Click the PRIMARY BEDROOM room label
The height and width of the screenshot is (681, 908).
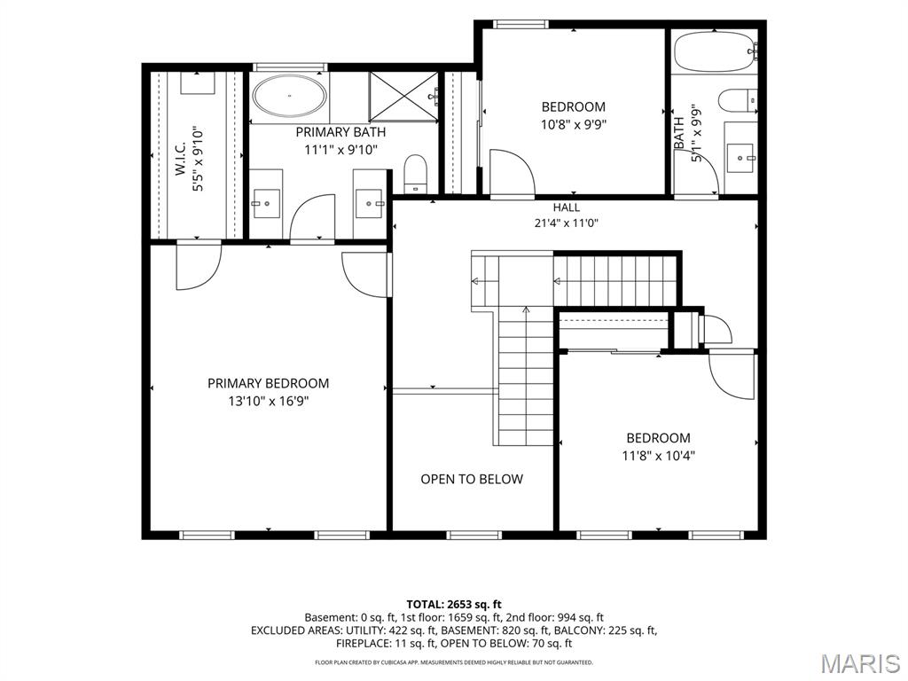coord(268,383)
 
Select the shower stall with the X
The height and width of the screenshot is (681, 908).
coord(403,97)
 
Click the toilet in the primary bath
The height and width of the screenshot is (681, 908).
coord(415,173)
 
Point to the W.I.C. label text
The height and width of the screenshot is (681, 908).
coord(180,159)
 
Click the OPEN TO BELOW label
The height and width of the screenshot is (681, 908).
coord(472,479)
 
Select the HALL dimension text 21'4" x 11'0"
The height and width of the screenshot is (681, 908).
coord(566,223)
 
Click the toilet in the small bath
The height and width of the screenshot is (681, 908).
coord(738,100)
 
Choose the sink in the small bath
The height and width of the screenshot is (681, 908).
coord(741,158)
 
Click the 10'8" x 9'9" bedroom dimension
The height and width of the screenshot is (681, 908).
coord(574,124)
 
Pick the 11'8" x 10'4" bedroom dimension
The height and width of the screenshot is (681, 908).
coord(659,456)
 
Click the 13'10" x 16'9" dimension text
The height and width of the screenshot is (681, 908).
coord(268,401)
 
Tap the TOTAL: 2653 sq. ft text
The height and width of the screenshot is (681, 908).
coord(454,605)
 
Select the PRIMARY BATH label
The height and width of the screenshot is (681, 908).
coord(340,132)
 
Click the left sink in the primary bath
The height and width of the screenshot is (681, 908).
coord(267,203)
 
